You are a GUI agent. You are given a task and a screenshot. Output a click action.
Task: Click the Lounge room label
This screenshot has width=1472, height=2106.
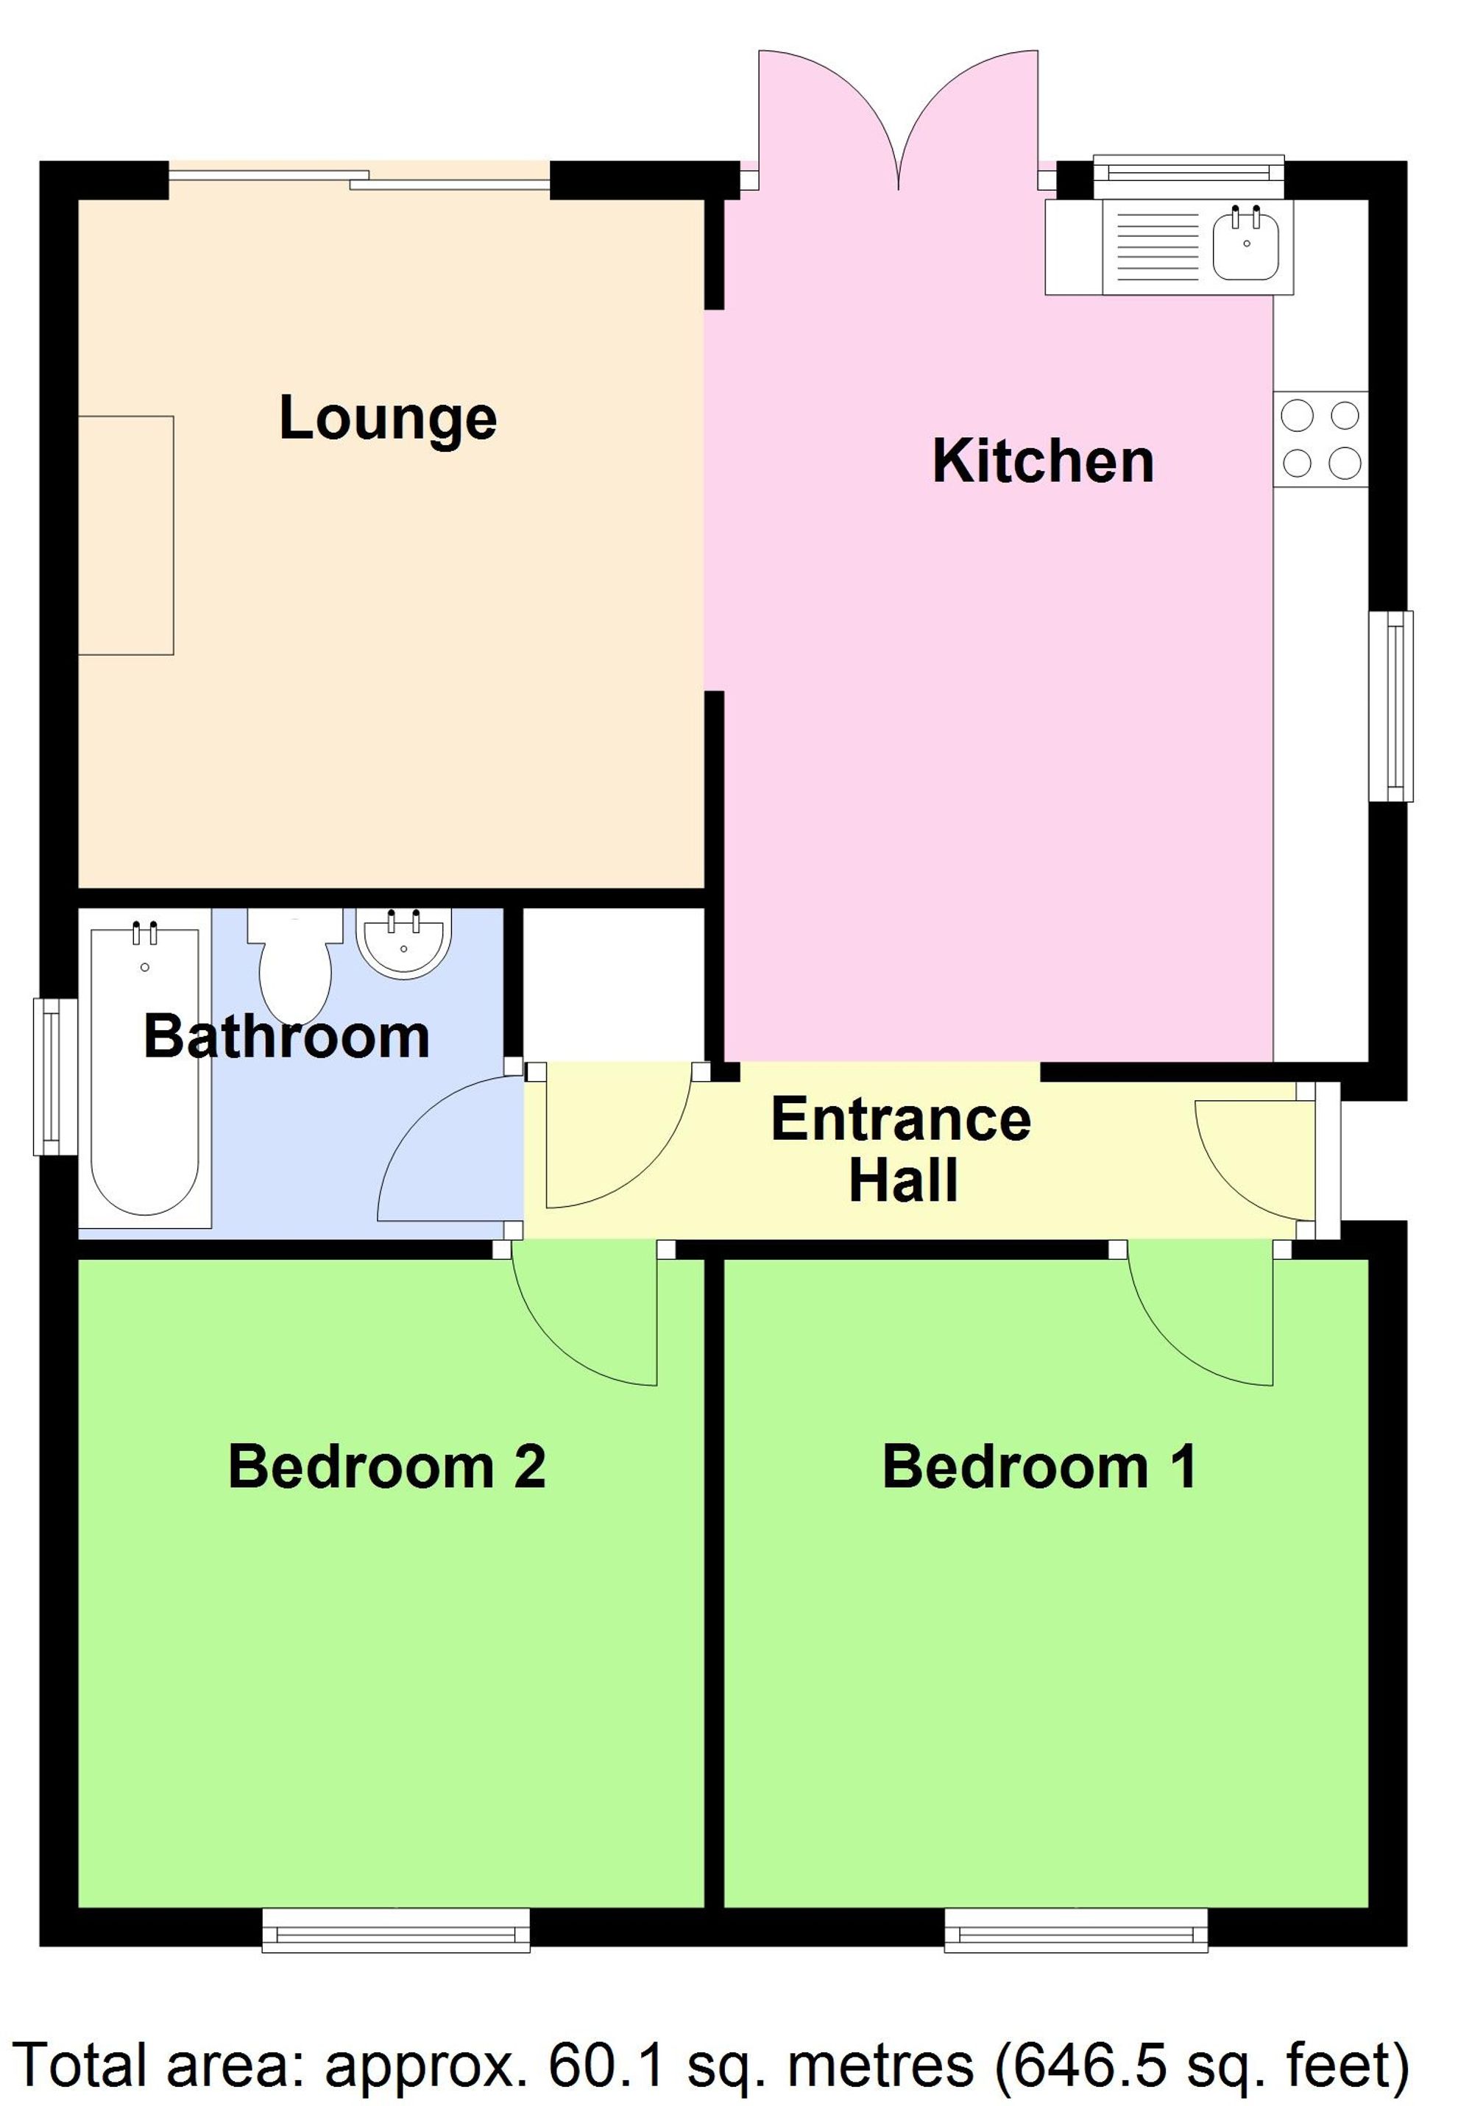coord(387,419)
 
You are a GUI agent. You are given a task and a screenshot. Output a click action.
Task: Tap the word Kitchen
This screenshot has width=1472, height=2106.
coord(1042,461)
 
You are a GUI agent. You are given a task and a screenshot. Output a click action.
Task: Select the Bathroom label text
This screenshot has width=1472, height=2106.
coord(286,1037)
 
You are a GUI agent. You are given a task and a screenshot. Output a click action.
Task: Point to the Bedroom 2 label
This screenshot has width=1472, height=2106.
coord(386,1466)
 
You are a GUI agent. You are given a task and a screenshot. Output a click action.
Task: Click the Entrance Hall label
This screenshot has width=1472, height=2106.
coord(901,1149)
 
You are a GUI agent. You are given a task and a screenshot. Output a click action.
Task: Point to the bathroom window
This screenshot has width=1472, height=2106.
coord(55,1075)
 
